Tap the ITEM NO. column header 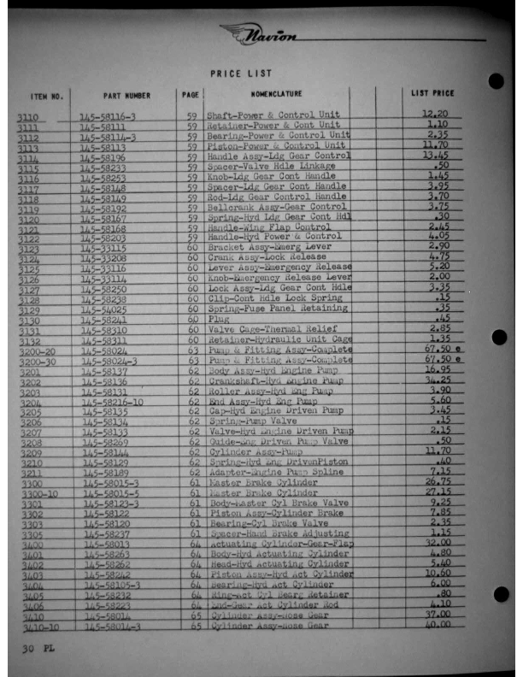point(47,96)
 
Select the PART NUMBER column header point(126,96)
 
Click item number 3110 point(28,117)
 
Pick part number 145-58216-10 point(113,402)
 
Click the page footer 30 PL point(38,648)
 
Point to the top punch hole point(495,81)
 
